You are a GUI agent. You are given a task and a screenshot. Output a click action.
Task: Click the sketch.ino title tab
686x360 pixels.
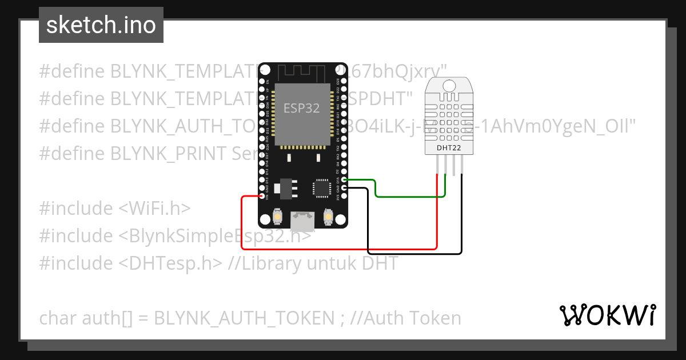(x=101, y=26)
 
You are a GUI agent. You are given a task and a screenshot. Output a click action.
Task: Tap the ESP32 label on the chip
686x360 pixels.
(x=301, y=108)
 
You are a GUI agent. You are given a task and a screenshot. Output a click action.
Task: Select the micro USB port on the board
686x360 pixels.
(x=302, y=220)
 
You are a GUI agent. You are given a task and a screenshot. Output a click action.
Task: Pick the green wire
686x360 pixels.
(x=409, y=197)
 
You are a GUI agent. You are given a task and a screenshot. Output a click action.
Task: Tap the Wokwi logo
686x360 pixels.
(x=607, y=315)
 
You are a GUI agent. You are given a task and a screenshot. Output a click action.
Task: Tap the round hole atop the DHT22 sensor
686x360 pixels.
(x=449, y=86)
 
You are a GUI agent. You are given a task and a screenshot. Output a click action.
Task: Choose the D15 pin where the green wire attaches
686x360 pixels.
(x=344, y=180)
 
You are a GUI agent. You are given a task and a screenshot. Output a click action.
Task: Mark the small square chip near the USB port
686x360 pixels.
(x=321, y=187)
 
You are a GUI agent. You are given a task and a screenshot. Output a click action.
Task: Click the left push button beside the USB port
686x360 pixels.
(x=277, y=217)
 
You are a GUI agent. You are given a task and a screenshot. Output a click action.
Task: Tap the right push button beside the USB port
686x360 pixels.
(x=329, y=217)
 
